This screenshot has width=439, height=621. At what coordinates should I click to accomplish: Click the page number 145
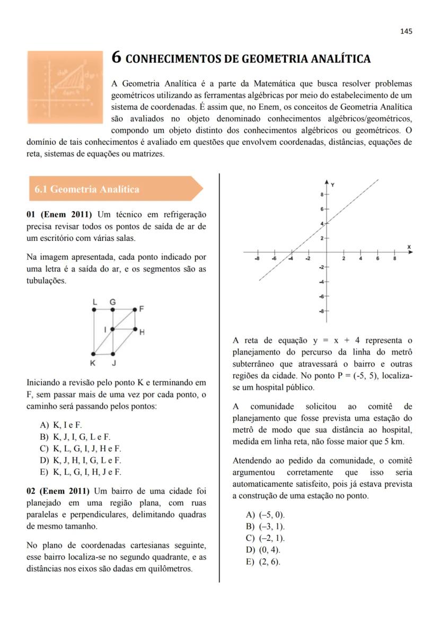406,31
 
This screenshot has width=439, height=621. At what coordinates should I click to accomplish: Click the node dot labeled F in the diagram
134,308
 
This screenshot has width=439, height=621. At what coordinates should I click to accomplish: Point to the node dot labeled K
94,353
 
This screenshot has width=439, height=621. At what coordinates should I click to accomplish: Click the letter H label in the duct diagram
142,333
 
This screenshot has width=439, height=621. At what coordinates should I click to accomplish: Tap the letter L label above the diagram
94,301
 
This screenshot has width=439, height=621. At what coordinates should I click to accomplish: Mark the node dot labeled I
112,329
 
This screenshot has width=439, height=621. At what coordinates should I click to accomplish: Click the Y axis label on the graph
332,184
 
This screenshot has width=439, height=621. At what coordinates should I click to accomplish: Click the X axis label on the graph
409,247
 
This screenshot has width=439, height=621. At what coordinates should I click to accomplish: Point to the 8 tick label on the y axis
321,195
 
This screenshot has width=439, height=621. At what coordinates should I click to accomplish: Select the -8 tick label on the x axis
257,258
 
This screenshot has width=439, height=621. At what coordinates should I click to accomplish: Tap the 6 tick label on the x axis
378,258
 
